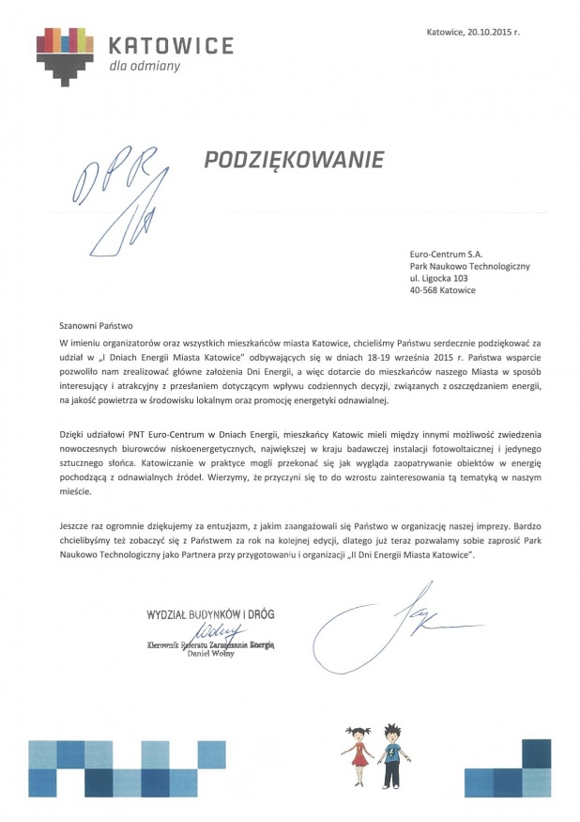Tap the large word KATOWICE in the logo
click(x=170, y=45)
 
